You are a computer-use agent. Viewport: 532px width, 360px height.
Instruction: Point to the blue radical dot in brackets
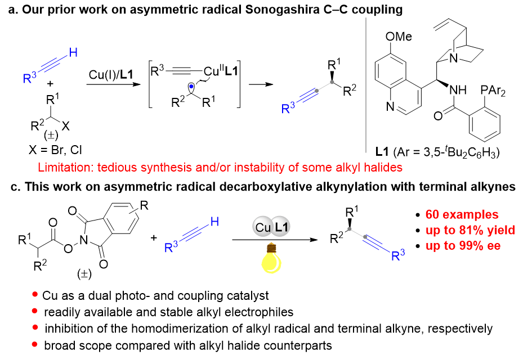click(191, 86)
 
